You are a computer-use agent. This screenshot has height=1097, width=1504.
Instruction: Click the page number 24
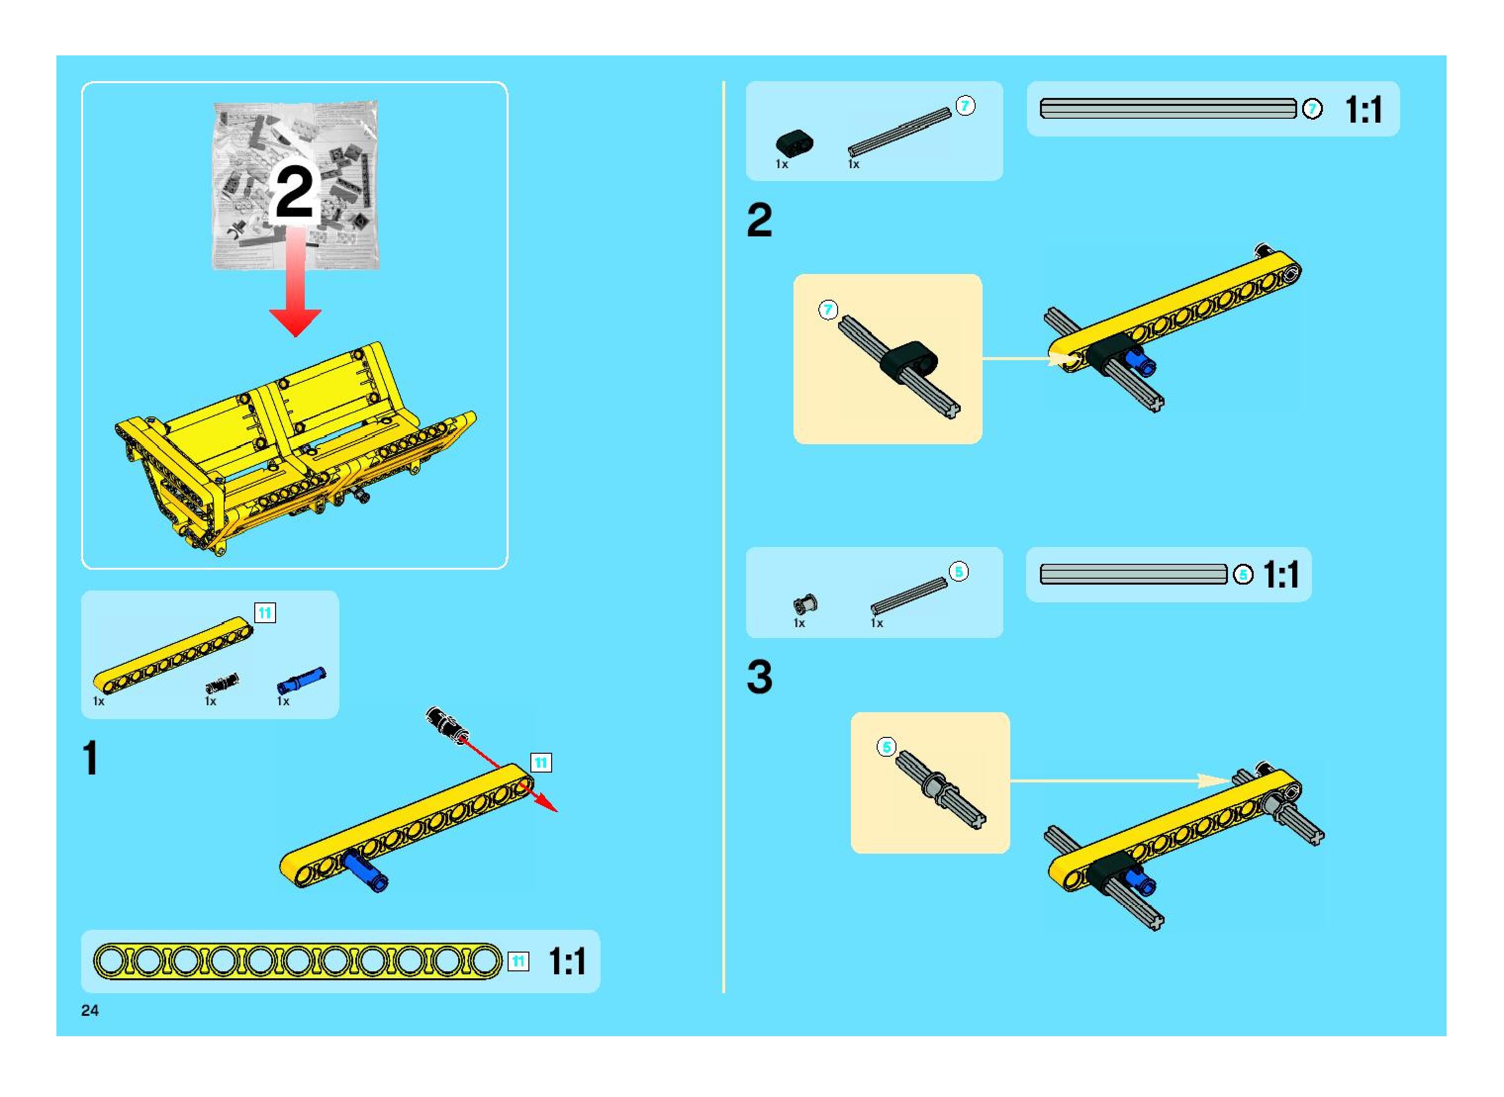coord(90,1010)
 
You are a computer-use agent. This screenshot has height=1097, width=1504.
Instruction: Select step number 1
coord(91,758)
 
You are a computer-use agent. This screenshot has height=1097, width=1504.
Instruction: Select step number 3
coord(759,677)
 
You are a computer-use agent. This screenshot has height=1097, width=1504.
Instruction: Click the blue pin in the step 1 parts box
coord(302,682)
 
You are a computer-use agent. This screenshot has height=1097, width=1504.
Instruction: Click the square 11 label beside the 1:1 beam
coord(518,961)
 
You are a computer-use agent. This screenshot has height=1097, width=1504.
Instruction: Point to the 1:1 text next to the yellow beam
coord(566,961)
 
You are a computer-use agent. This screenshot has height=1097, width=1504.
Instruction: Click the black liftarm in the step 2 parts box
coord(794,142)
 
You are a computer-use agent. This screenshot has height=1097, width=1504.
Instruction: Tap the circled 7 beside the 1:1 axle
coord(1312,109)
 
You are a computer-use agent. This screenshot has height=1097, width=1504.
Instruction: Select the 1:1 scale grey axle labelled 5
coord(1132,574)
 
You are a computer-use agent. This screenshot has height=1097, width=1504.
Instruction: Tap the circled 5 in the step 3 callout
coord(886,747)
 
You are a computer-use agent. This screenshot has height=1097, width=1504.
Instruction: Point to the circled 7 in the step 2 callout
coord(828,310)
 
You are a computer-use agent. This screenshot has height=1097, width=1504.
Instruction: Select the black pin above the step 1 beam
coord(446,723)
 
